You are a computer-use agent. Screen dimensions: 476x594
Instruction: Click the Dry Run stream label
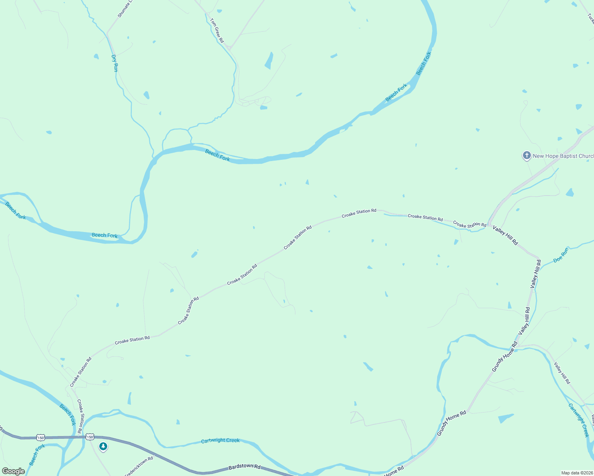pos(114,63)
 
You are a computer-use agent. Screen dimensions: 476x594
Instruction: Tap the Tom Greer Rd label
pos(217,31)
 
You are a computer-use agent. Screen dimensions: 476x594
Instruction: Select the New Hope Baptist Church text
pos(563,156)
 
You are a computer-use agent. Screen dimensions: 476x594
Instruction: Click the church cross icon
pos(526,155)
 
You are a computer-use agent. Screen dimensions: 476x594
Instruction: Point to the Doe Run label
pos(561,255)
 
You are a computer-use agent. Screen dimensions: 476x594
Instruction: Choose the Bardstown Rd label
pos(244,466)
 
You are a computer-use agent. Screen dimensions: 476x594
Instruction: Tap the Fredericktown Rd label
pos(139,466)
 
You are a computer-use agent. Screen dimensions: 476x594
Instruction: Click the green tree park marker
pos(103,447)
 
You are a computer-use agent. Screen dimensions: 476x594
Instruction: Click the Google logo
pos(13,471)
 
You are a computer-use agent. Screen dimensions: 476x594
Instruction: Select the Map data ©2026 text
pos(577,473)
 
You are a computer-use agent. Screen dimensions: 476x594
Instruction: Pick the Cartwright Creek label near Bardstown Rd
pos(220,440)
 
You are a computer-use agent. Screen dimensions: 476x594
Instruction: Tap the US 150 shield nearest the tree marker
pos(90,437)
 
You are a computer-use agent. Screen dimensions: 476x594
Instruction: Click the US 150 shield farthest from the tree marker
pos(40,438)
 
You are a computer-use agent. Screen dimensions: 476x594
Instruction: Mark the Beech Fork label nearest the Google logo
pos(37,455)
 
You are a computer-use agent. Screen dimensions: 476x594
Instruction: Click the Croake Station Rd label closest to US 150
pos(81,413)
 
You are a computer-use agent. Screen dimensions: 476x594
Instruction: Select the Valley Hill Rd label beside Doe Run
pos(536,274)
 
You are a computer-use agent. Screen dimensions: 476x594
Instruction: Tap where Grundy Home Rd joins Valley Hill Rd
pos(517,346)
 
